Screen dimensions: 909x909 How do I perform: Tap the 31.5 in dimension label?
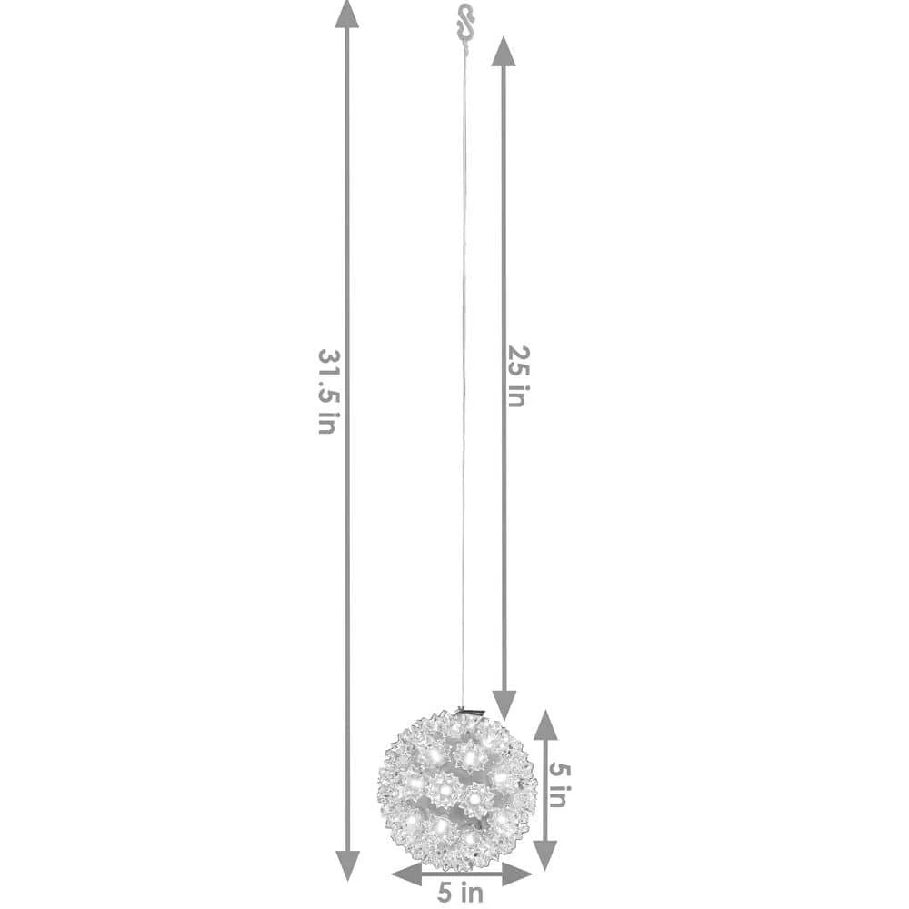click(x=328, y=391)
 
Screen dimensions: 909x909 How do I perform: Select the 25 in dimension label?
click(x=518, y=376)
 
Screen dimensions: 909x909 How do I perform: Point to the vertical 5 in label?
click(x=559, y=786)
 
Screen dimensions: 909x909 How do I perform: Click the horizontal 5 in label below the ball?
click(x=460, y=893)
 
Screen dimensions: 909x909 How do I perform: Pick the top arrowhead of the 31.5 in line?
click(x=346, y=14)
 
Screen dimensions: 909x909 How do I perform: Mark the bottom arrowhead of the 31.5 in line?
click(x=347, y=866)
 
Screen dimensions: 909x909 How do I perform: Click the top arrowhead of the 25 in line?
click(x=504, y=51)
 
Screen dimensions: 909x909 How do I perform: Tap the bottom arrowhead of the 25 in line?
click(x=504, y=705)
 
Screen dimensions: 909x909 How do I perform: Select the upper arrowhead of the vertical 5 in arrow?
click(x=544, y=724)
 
